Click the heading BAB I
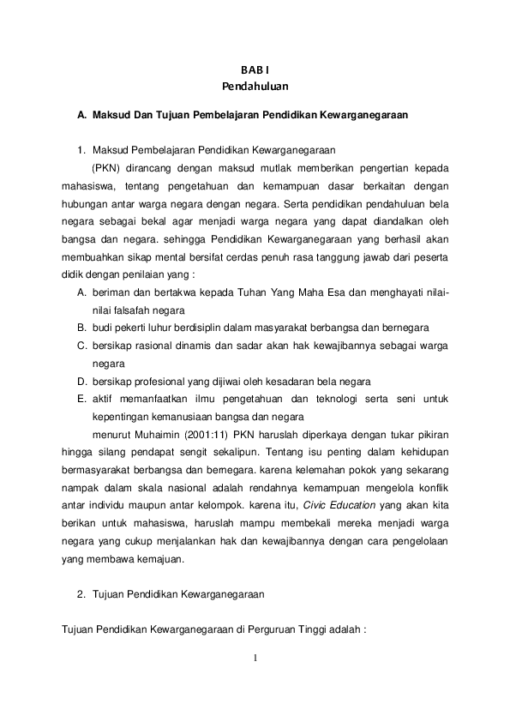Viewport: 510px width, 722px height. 255,71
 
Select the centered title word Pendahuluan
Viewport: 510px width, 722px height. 255,86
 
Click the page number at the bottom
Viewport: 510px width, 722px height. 255,659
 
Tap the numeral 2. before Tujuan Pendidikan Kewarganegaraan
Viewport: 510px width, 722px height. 81,593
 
